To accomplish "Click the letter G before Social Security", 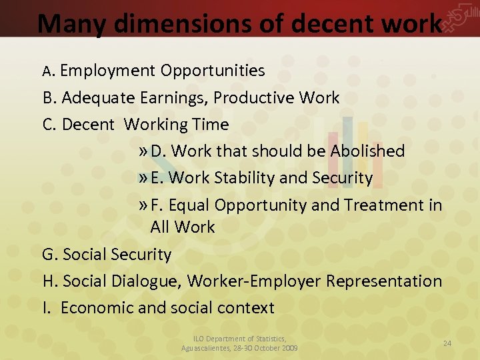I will (49, 255).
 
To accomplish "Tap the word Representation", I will (384, 281).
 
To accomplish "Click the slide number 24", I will (447, 343).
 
